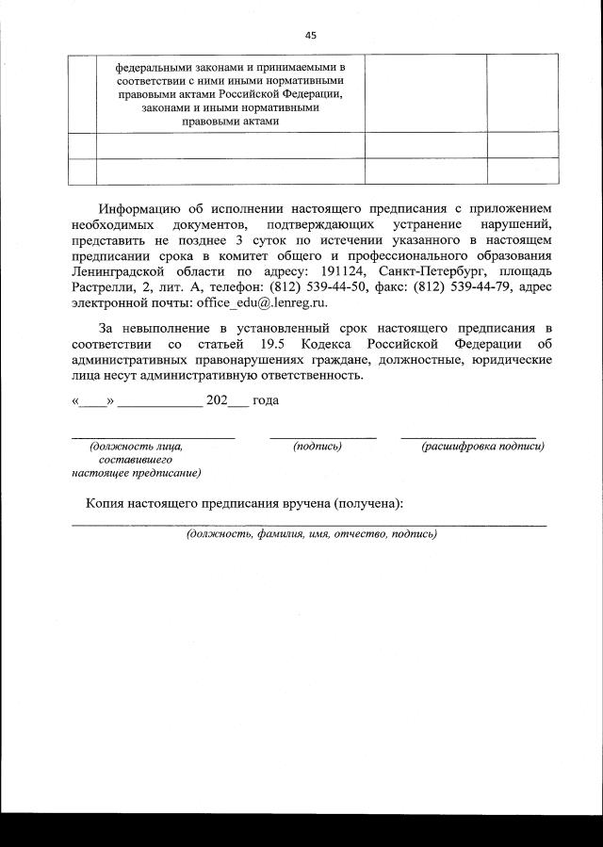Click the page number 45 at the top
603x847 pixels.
point(310,35)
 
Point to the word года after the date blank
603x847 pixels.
point(266,399)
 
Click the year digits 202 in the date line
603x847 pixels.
point(217,399)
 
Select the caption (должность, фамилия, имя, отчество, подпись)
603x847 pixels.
point(311,533)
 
